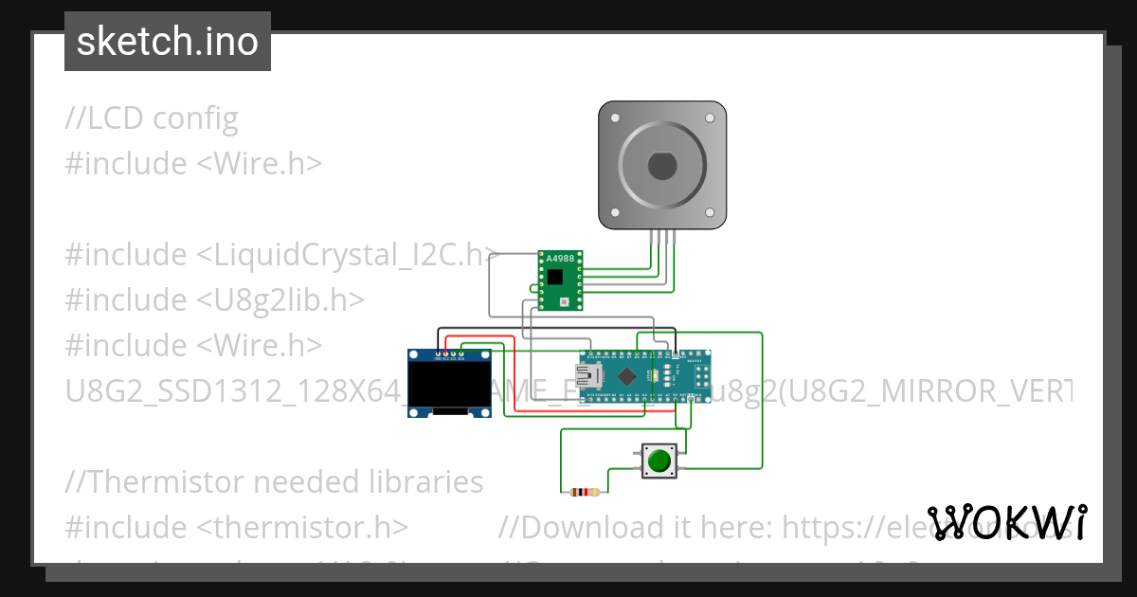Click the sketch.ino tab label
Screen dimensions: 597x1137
pyautogui.click(x=168, y=42)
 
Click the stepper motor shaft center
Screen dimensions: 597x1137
pyautogui.click(x=662, y=166)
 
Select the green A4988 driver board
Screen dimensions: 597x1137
pyautogui.click(x=561, y=280)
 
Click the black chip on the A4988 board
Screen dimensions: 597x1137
pyautogui.click(x=555, y=278)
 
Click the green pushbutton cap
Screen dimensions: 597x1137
pyautogui.click(x=659, y=461)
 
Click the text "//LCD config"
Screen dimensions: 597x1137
pyautogui.click(x=152, y=118)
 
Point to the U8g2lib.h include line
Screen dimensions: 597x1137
pyautogui.click(x=215, y=299)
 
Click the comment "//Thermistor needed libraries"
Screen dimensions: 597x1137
pyautogui.click(x=274, y=481)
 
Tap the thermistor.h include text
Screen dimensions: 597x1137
pyautogui.click(x=237, y=527)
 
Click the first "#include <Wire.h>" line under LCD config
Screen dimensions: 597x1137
pyautogui.click(x=193, y=163)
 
